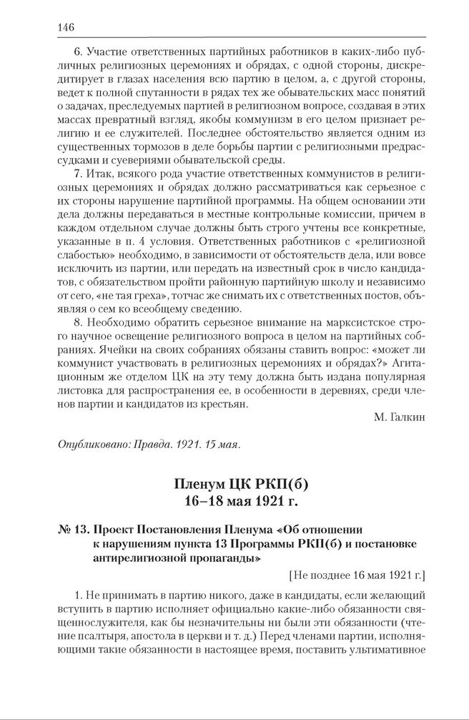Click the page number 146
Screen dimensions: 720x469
pos(66,27)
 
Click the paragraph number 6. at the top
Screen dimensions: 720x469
pos(79,52)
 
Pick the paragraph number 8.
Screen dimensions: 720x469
pos(79,323)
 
